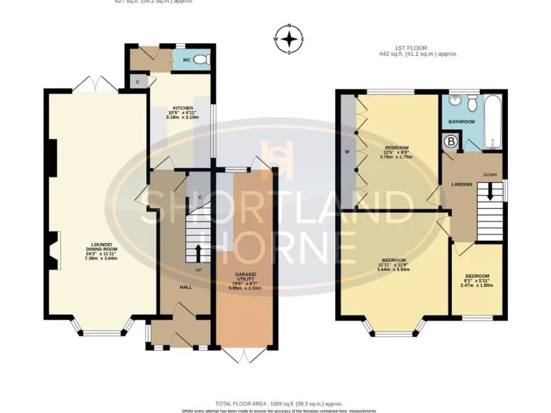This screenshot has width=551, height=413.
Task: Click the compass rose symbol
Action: pyautogui.click(x=289, y=39)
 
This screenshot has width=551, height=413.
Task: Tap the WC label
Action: pyautogui.click(x=186, y=60)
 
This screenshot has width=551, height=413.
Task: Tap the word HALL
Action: pyautogui.click(x=185, y=287)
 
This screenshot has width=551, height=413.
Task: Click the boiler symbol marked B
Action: pyautogui.click(x=451, y=142)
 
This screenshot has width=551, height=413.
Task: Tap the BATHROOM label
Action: pyautogui.click(x=461, y=122)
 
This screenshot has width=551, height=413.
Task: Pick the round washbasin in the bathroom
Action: pyautogui.click(x=471, y=105)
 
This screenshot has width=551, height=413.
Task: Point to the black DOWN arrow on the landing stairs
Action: pyautogui.click(x=491, y=191)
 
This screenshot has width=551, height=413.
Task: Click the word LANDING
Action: pyautogui.click(x=461, y=184)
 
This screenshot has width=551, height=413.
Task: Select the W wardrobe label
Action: pyautogui.click(x=347, y=151)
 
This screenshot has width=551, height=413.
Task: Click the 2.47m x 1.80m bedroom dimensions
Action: pyautogui.click(x=476, y=285)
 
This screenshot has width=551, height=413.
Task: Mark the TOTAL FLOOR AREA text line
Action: pyautogui.click(x=278, y=404)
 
